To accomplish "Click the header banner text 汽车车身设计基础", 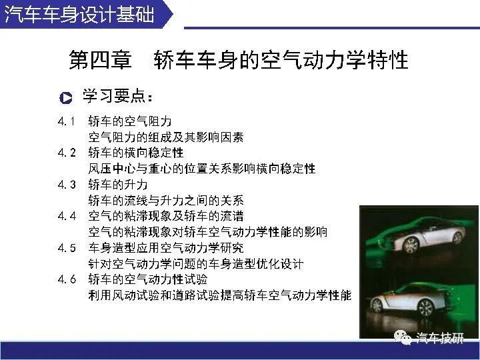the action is tap(79, 14).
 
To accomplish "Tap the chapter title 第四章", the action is tap(101, 60).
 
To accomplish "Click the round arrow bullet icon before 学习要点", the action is tap(66, 98).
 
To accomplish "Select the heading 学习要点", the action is tap(117, 96).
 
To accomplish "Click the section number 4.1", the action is tap(67, 121).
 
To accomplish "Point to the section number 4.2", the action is tap(67, 153).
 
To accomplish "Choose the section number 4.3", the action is tap(67, 185).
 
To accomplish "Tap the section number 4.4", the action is tap(67, 216).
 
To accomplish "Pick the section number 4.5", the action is tap(67, 247).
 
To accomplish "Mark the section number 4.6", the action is tap(67, 279).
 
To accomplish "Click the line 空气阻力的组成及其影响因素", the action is tap(166, 137).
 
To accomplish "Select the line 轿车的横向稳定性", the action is tap(136, 153).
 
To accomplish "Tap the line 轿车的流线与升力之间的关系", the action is tap(166, 201).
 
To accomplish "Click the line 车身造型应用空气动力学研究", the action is tap(166, 247).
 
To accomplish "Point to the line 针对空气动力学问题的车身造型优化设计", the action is tap(196, 263).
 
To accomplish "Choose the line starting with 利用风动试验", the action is tap(220, 295).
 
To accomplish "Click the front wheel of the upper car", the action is tap(410, 245).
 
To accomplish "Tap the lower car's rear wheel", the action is tap(425, 307).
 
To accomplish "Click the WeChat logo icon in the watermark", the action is tap(403, 337).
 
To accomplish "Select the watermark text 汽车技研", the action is tap(439, 338).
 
